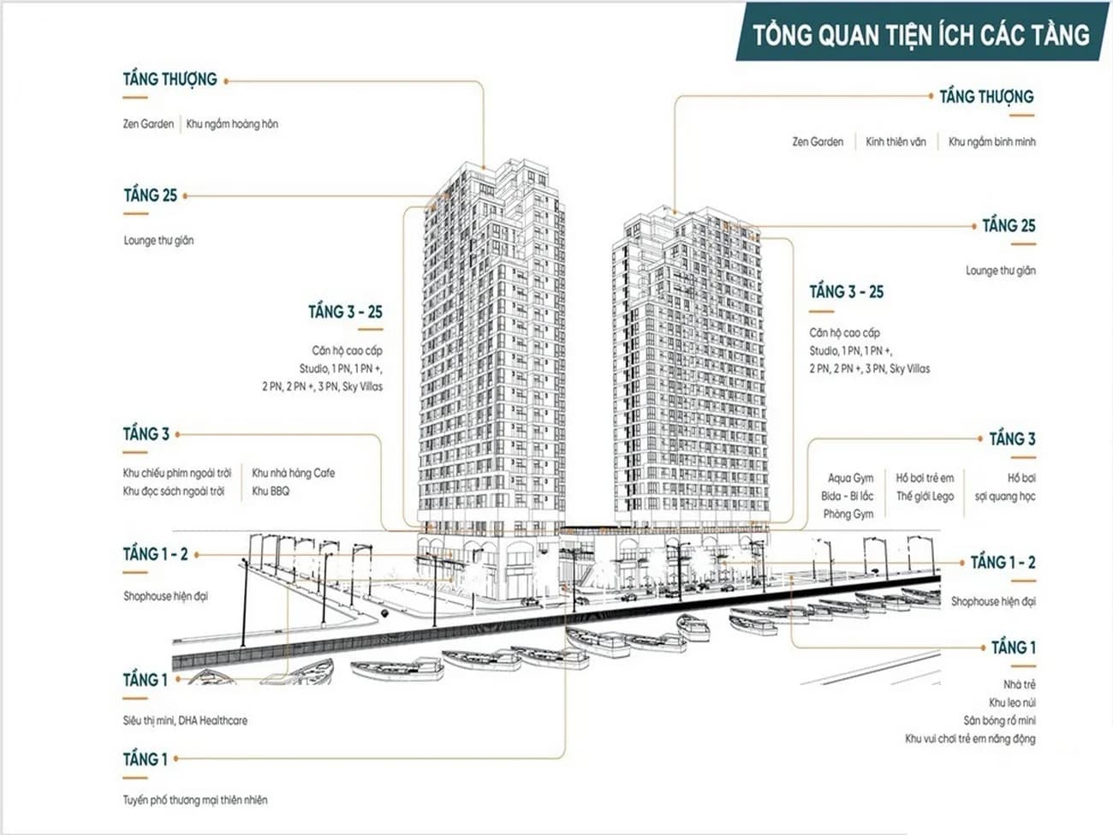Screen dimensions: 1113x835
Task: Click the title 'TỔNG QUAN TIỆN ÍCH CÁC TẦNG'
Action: click(921, 35)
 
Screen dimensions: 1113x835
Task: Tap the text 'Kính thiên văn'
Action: click(896, 142)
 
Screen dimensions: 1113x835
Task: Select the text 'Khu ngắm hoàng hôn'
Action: click(232, 124)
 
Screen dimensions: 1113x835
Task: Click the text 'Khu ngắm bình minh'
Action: click(991, 142)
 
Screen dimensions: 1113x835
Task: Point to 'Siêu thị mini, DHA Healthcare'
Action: click(185, 720)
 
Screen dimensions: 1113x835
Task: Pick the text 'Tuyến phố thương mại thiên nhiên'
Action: click(195, 800)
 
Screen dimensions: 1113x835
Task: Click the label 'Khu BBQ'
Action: click(271, 492)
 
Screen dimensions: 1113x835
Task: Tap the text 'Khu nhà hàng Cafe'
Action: click(294, 473)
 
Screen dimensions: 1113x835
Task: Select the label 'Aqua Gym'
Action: click(851, 478)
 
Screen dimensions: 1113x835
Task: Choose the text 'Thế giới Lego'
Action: click(925, 497)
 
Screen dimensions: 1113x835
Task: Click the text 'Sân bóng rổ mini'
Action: click(999, 720)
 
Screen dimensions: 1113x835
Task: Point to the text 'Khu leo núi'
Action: click(1012, 702)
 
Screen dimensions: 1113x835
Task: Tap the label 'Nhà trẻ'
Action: click(1019, 684)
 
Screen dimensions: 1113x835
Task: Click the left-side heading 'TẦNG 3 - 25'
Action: click(345, 312)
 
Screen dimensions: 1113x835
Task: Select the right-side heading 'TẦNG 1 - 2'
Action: click(1003, 563)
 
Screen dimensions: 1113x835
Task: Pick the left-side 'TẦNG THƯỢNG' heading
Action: click(170, 80)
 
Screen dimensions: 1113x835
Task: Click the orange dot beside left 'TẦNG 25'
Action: click(185, 196)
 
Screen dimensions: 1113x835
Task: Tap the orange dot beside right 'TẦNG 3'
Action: click(980, 439)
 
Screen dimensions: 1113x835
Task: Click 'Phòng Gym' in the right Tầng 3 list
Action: click(848, 515)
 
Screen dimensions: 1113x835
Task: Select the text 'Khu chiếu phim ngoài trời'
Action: click(177, 474)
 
